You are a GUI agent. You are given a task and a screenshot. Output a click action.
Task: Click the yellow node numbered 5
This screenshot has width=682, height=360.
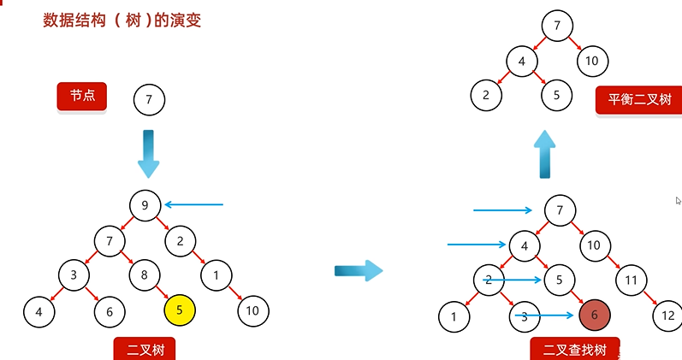(x=180, y=310)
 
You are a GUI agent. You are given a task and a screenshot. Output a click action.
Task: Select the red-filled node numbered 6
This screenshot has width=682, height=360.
(x=594, y=315)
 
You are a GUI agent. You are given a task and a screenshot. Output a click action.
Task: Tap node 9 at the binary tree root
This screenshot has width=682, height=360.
(x=145, y=205)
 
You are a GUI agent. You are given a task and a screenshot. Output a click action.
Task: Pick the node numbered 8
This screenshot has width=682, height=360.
(x=145, y=275)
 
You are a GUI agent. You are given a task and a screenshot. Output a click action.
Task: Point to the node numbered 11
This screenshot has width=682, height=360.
(x=631, y=280)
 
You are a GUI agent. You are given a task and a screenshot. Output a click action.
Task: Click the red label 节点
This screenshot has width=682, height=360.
(x=81, y=97)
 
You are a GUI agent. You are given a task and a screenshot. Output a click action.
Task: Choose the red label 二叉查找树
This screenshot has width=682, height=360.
(x=573, y=349)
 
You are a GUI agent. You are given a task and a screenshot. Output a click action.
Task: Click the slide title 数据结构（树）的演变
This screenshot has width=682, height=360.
(x=122, y=20)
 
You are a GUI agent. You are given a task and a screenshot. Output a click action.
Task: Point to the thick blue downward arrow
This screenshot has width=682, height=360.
(x=148, y=153)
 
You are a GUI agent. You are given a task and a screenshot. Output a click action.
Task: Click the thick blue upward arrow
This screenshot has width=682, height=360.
(x=544, y=154)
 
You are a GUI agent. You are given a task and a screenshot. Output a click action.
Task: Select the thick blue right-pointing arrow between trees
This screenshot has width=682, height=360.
(x=358, y=271)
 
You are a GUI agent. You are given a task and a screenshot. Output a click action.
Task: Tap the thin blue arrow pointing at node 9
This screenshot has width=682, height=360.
(x=193, y=204)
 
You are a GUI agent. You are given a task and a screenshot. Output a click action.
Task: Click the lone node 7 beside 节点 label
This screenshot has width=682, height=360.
(x=149, y=99)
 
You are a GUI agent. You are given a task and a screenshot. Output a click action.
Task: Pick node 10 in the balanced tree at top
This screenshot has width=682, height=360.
(x=592, y=61)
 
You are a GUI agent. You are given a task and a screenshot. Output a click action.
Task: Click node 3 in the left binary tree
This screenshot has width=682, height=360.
(x=74, y=275)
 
